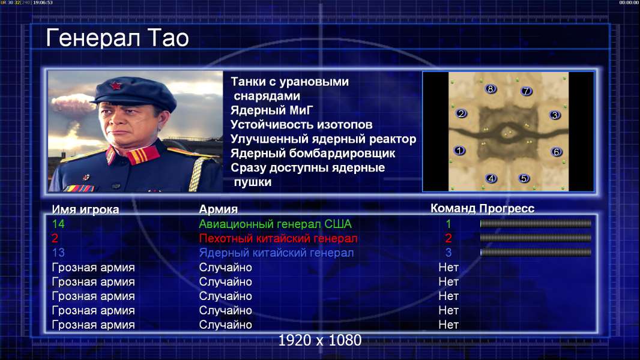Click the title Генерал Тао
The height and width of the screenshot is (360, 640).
click(117, 38)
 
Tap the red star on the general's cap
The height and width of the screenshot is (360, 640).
click(115, 86)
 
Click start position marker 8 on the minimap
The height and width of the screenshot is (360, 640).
click(491, 89)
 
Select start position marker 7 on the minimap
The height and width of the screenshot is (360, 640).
click(526, 91)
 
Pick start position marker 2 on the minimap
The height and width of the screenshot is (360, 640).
click(461, 113)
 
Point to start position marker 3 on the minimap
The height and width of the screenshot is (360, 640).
click(555, 115)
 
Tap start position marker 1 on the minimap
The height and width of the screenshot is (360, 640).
click(459, 151)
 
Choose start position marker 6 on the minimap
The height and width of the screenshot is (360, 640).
click(556, 152)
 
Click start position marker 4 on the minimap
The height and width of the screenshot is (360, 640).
click(491, 178)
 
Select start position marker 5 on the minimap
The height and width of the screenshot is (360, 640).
click(524, 178)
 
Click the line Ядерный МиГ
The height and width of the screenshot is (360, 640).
click(272, 110)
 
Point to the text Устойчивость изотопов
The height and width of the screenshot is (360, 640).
click(301, 125)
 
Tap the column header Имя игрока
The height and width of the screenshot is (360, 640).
click(85, 209)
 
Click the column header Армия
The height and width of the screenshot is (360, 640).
click(219, 209)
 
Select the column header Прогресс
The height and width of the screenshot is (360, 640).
click(507, 209)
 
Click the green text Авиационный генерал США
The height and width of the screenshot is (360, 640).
click(275, 224)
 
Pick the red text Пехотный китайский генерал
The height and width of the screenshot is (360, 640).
click(279, 239)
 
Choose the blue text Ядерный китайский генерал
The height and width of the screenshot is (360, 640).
click(276, 253)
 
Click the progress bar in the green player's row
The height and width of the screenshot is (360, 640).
click(536, 223)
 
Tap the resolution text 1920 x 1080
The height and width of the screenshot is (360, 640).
click(320, 340)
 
